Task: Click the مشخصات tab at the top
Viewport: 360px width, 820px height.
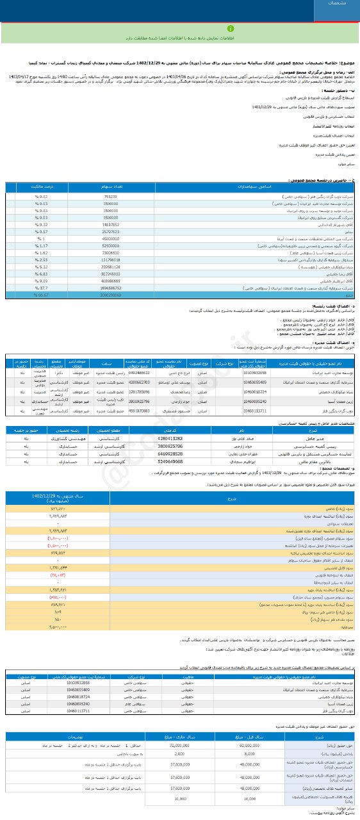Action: [336, 4]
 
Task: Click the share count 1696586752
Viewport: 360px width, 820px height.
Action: [110, 288]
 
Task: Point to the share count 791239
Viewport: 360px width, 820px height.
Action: [110, 197]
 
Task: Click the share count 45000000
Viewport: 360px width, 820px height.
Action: [110, 238]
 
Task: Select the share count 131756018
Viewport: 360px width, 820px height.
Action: [110, 260]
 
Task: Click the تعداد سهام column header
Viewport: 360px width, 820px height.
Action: [110, 188]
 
